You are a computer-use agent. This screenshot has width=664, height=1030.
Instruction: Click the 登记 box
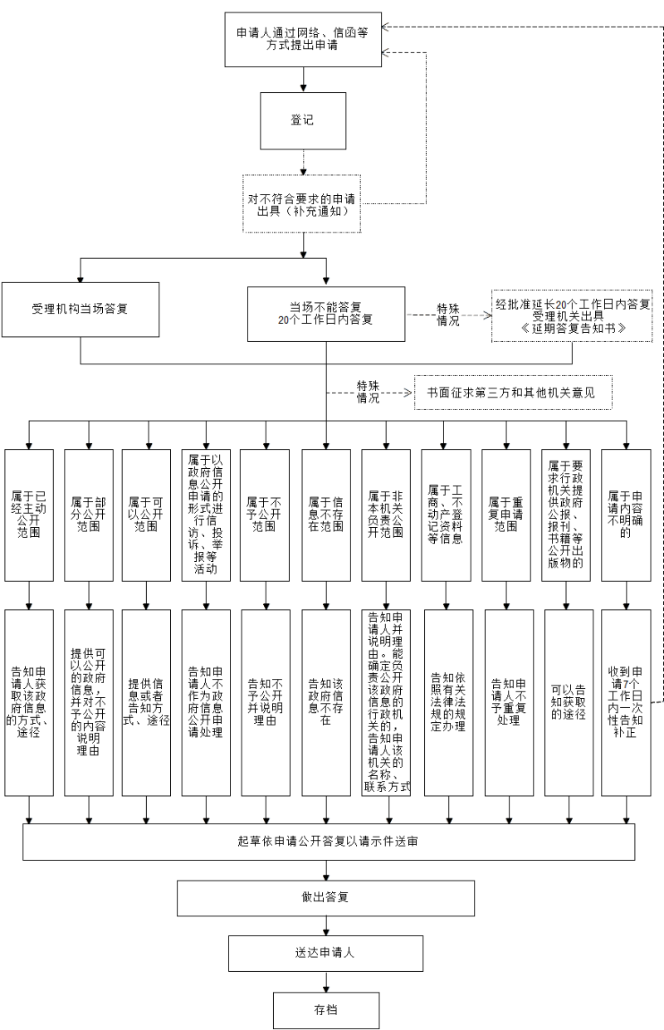point(302,120)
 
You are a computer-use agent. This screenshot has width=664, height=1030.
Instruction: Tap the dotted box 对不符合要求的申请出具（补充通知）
point(302,204)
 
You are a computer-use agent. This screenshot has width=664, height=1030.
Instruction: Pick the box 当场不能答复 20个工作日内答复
point(325,314)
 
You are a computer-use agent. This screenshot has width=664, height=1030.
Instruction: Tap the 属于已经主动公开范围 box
point(29,514)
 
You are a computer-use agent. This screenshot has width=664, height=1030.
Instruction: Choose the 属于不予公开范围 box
point(265,514)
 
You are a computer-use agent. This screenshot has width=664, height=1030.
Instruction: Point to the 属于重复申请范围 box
point(505,514)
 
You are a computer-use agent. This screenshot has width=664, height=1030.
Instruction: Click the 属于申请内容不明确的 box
point(625,514)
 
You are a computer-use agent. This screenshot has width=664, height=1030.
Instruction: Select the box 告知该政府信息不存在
point(325,702)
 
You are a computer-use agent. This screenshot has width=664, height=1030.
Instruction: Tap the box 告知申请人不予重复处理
point(505,702)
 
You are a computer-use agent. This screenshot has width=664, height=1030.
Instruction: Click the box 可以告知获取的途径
point(568,702)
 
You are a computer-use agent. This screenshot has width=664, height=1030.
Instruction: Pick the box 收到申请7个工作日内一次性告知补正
point(625,702)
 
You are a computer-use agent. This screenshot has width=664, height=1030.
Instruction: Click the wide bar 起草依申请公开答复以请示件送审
point(328,841)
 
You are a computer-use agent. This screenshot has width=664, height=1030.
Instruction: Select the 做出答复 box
point(325,897)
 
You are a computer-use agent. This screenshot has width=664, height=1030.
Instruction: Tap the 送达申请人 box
point(325,953)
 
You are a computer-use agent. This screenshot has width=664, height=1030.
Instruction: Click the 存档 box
point(325,1010)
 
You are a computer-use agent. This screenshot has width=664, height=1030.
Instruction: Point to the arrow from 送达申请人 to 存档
point(325,982)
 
